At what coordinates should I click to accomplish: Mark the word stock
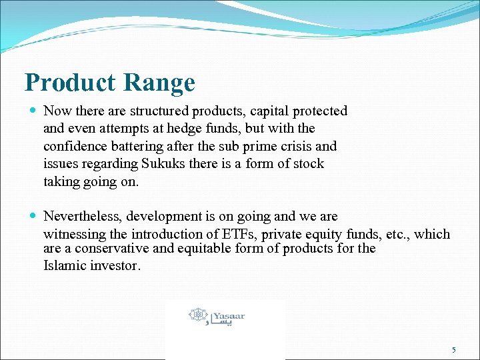click(x=308, y=164)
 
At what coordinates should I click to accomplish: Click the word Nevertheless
click(x=79, y=217)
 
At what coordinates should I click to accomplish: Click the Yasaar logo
click(x=217, y=315)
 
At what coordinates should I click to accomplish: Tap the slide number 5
click(x=454, y=350)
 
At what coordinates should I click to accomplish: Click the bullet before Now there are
click(x=33, y=111)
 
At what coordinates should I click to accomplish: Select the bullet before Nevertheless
click(x=33, y=217)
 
